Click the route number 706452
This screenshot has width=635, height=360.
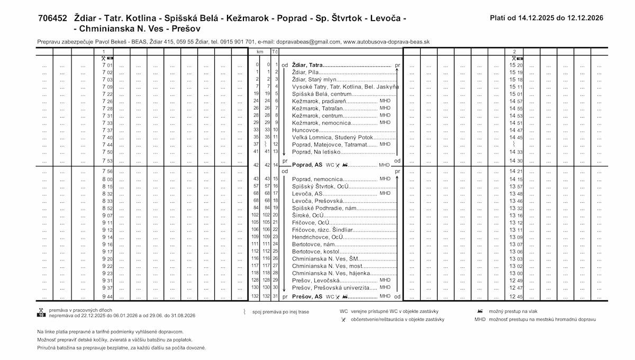tap(52, 18)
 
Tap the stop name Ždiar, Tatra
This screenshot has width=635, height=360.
tap(307, 65)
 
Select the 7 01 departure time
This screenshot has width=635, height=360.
tap(107, 65)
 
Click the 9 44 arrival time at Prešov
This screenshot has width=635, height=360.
tap(107, 296)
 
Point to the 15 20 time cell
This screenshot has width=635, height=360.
tap(516, 65)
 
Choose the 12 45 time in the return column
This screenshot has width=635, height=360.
tap(516, 296)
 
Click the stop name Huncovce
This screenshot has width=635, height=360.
tap(305, 130)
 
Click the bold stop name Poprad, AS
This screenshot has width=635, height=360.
tap(307, 165)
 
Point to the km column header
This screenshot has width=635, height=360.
tap(259, 51)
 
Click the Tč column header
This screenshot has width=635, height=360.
tap(275, 51)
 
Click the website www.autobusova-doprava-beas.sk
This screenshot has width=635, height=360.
tap(386, 41)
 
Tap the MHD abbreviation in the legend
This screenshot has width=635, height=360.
tap(480, 320)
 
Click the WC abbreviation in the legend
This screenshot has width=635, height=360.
tap(344, 311)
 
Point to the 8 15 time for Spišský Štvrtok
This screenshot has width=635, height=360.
tap(107, 186)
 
